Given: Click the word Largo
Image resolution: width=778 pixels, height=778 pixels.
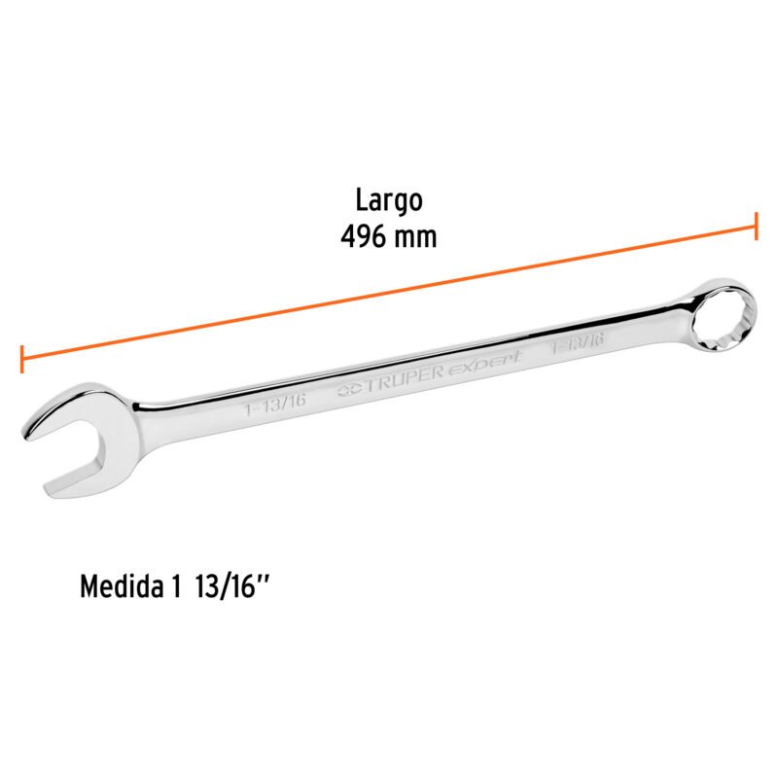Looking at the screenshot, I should click(x=388, y=201).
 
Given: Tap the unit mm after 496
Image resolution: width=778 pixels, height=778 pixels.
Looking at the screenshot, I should click(x=417, y=236).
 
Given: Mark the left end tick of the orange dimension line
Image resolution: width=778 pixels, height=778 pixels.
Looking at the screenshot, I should click(x=21, y=358).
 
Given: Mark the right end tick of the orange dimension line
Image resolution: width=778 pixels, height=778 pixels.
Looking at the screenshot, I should click(x=756, y=226).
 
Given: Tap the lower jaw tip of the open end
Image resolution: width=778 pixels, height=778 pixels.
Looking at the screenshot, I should click(x=51, y=486).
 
